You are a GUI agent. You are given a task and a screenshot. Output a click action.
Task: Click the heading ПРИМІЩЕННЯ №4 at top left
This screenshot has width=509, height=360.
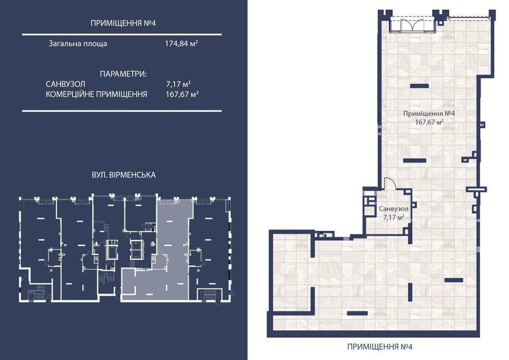(123, 23)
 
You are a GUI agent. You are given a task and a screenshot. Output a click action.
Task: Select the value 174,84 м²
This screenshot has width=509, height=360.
(181, 43)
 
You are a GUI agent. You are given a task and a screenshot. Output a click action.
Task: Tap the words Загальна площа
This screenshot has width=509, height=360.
(78, 44)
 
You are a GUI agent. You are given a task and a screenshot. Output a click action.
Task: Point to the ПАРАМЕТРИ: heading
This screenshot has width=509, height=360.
(123, 74)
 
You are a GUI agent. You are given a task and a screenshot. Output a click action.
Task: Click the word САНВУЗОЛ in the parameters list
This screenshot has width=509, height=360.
(66, 84)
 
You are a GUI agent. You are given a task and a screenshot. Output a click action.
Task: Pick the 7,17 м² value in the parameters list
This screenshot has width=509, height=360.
(178, 84)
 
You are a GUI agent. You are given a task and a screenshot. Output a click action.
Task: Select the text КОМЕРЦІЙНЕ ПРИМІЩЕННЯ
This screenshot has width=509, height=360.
(97, 94)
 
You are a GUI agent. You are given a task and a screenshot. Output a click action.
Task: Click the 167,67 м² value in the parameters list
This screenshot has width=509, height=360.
(182, 94)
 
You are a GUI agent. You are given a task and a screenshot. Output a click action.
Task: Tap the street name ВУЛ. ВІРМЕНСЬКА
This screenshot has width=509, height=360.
(124, 175)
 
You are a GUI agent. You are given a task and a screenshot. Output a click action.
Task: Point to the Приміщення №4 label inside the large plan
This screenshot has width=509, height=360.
(429, 114)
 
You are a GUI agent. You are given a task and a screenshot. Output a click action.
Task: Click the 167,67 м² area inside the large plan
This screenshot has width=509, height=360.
(429, 122)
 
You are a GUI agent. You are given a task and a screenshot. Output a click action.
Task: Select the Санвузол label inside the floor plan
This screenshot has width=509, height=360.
(393, 209)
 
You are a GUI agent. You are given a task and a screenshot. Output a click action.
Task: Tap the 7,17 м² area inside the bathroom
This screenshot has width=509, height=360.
(393, 217)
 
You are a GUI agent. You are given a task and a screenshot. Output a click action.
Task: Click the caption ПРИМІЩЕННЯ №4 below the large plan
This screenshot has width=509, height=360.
(379, 347)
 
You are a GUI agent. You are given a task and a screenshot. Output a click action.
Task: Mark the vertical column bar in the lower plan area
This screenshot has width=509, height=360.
(410, 292)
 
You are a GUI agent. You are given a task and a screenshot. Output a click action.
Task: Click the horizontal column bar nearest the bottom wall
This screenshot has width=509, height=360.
(357, 313)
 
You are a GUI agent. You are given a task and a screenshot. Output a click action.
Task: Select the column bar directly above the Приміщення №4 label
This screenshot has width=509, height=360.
(420, 86)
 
